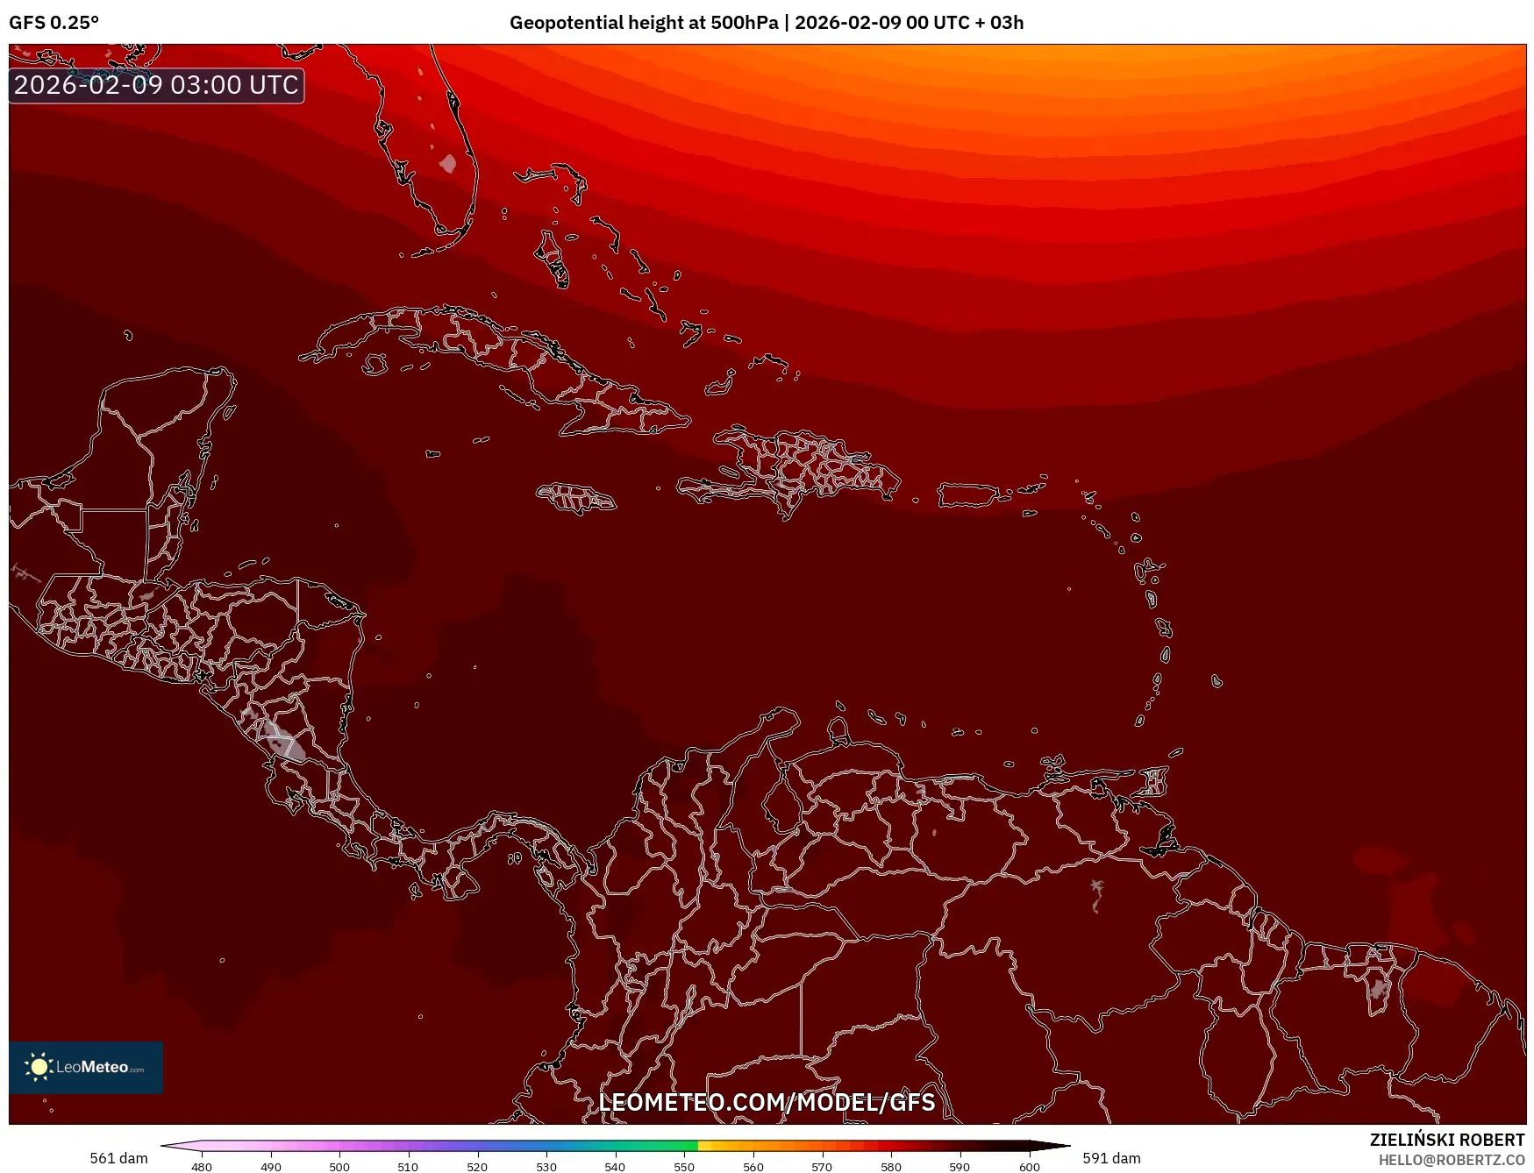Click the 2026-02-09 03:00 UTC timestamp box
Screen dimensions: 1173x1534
156,85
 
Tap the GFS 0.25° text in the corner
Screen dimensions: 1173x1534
54,22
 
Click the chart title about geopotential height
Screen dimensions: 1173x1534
766,22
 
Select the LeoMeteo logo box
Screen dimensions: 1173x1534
86,1067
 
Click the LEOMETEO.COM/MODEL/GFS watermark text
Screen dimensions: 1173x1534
767,1102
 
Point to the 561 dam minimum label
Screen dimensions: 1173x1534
118,1158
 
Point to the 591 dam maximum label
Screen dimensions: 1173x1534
1111,1158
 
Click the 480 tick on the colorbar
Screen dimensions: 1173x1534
202,1166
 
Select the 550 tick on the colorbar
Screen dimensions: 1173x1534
684,1166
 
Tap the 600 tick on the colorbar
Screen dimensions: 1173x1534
1030,1166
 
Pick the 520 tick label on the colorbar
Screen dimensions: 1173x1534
477,1166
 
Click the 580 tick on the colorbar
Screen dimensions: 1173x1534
891,1166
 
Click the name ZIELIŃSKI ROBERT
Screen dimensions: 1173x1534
1447,1140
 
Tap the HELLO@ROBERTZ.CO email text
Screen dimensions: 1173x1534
1451,1160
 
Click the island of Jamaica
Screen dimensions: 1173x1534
576,498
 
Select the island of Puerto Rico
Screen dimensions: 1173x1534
968,494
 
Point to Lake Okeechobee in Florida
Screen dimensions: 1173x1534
448,163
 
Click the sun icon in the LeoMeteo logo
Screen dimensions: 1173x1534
39,1067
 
